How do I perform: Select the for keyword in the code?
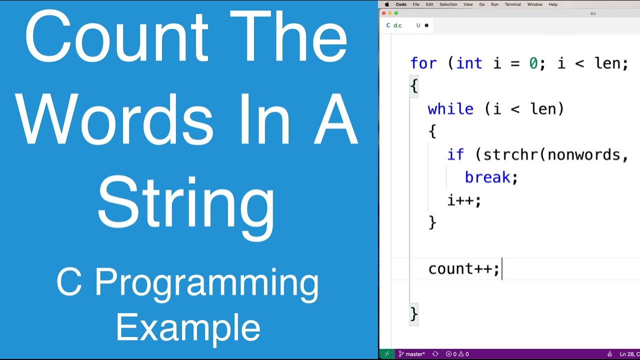point(423,63)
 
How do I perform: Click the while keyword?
point(450,109)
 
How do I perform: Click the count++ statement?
point(463,269)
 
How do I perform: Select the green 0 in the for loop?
point(533,63)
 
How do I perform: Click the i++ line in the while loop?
point(464,200)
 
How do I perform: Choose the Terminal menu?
point(512,4)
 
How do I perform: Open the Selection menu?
point(448,4)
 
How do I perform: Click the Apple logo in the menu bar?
point(387,4)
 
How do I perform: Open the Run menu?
point(494,4)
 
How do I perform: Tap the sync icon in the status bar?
point(435,354)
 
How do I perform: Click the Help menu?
point(553,4)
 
